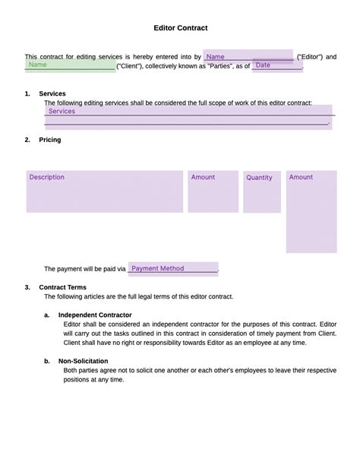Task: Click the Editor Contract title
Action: pos(181,28)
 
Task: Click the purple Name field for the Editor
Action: pos(248,57)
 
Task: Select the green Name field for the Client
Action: pos(69,66)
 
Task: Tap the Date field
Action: pos(276,66)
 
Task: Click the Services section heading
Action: pos(52,93)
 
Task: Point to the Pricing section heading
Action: pos(50,140)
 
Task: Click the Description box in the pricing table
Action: pos(104,191)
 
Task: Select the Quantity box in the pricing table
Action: pos(261,191)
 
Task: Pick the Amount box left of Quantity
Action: pos(211,191)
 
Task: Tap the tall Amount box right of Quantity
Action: pos(311,211)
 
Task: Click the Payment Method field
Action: pos(172,268)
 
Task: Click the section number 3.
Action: pos(27,288)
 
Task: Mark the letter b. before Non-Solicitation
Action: pos(47,361)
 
